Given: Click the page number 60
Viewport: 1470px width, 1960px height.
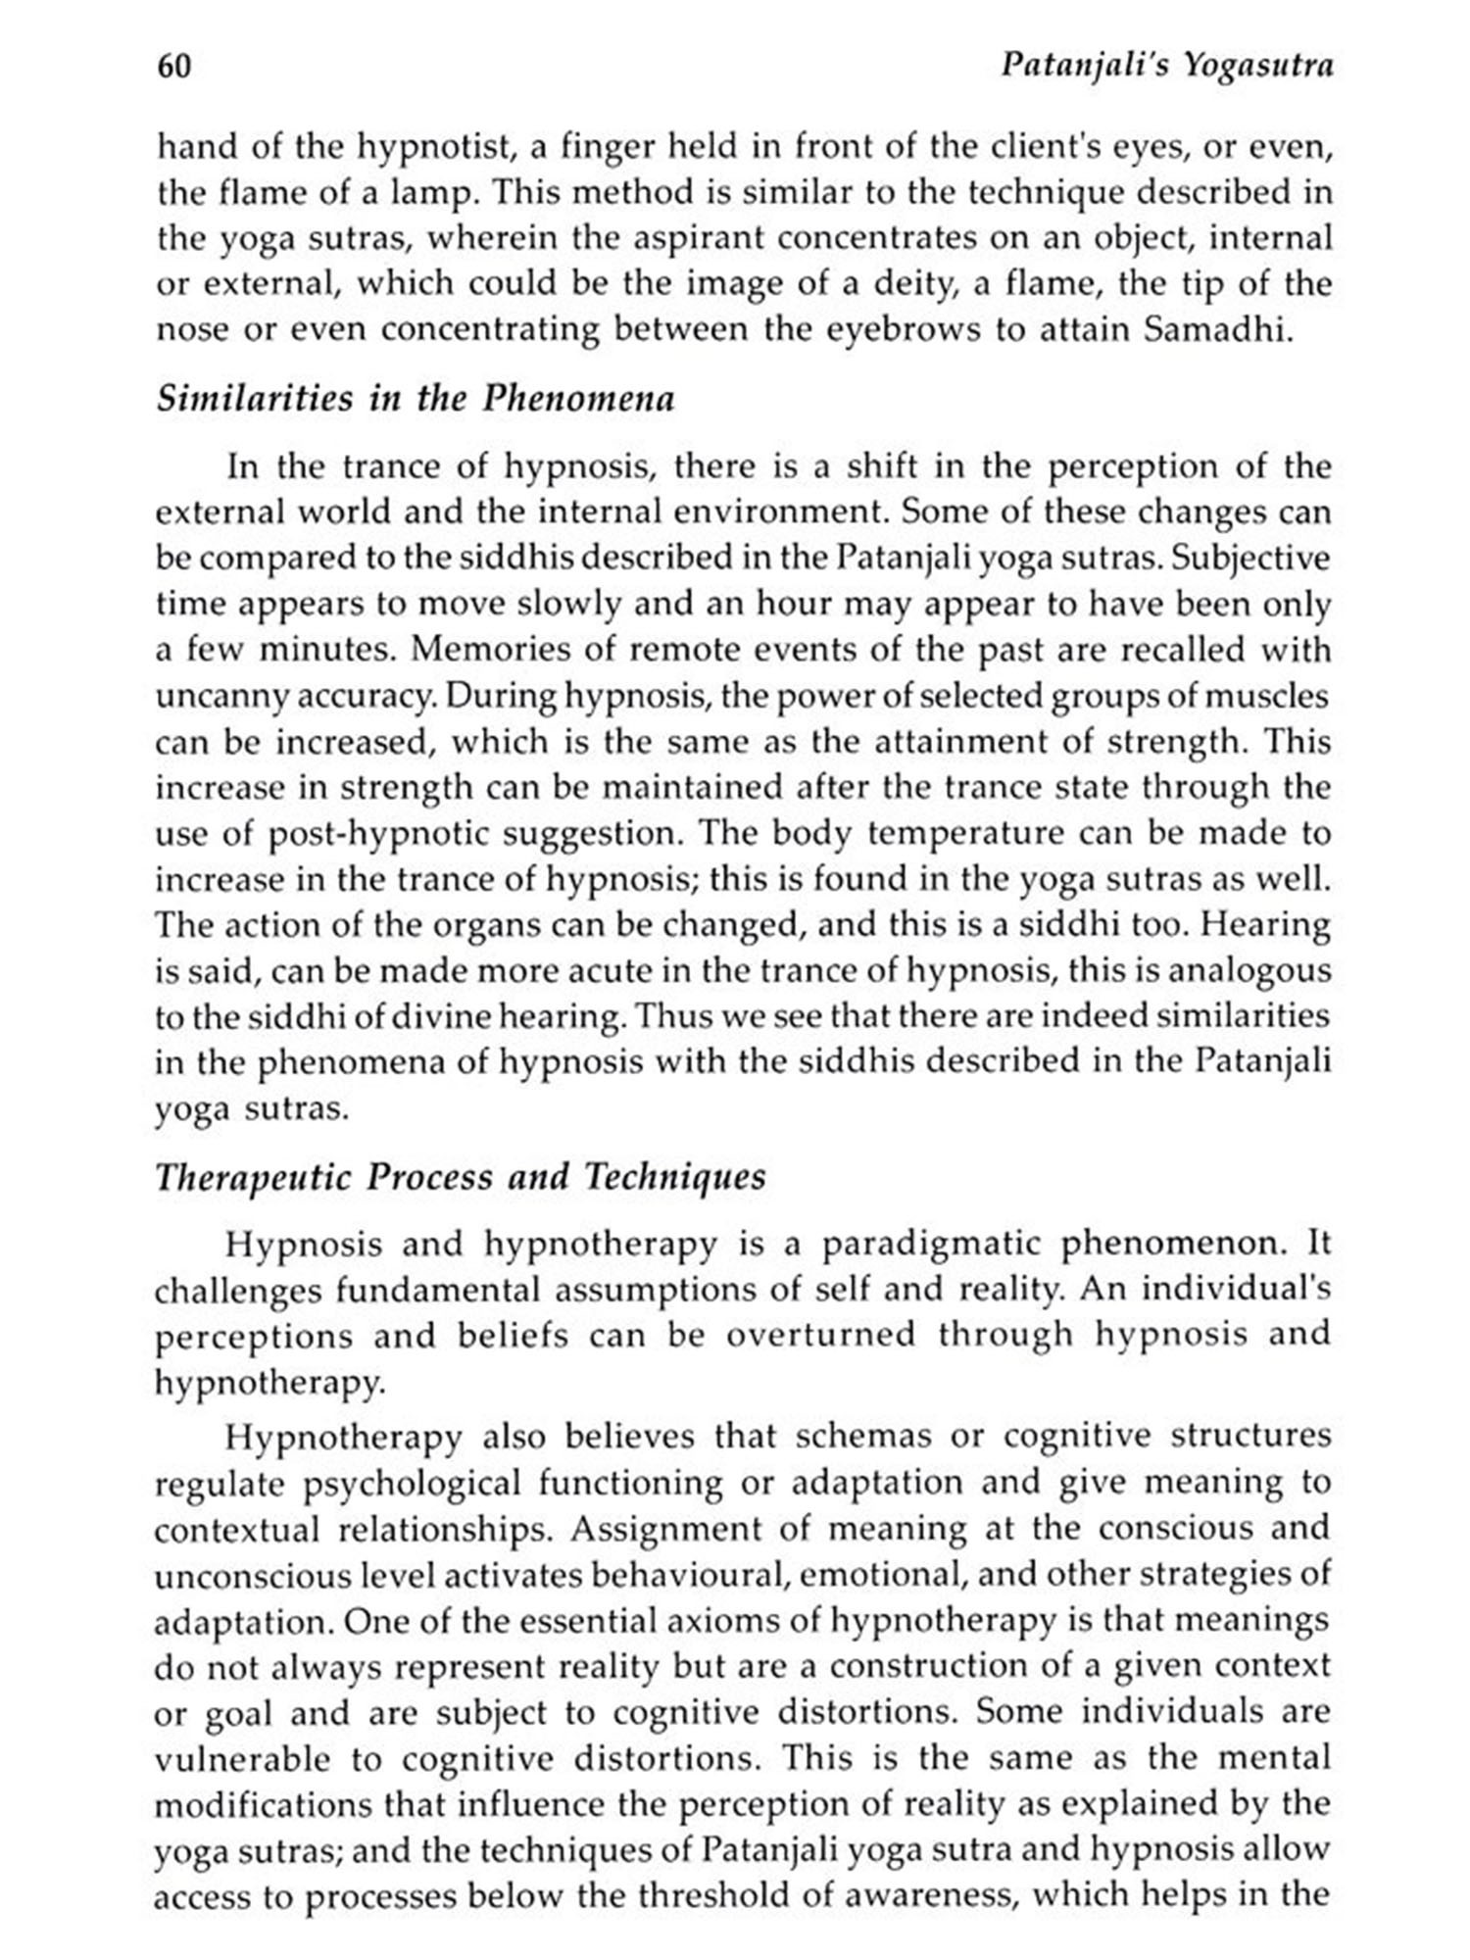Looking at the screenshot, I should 173,67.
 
